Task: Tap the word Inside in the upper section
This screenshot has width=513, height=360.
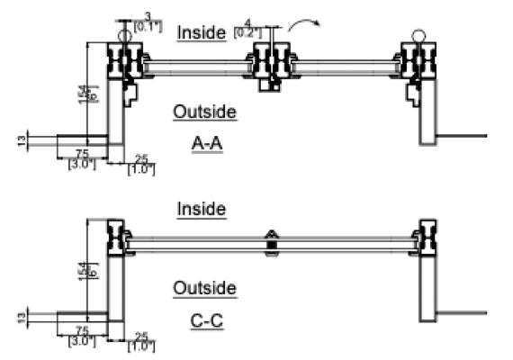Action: point(202,32)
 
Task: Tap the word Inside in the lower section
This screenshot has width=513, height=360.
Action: point(202,209)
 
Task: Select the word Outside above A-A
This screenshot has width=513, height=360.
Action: point(204,112)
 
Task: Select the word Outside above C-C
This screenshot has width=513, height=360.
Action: point(204,288)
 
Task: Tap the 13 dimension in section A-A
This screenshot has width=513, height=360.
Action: point(21,139)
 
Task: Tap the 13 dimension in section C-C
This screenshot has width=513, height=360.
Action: point(21,315)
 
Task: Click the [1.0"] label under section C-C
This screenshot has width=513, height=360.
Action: point(140,346)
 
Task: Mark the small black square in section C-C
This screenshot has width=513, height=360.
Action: point(272,243)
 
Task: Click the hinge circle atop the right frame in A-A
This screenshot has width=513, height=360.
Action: point(418,35)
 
